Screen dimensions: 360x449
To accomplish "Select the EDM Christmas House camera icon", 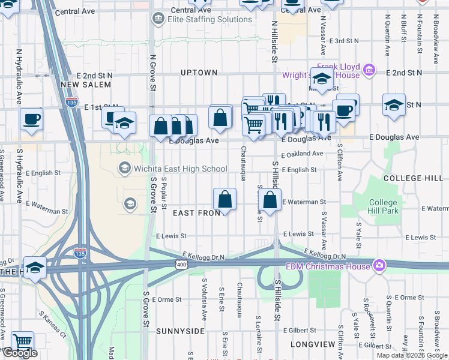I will pyautogui.click(x=379, y=265).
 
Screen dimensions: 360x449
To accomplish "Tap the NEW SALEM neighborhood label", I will pyautogui.click(x=86, y=85).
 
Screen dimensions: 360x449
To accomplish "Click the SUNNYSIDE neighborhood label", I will pyautogui.click(x=181, y=331).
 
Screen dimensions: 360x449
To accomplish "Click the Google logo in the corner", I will pyautogui.click(x=20, y=353).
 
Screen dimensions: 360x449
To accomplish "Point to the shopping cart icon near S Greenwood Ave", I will pyautogui.click(x=22, y=342).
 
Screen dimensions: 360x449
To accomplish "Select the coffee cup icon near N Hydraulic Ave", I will pyautogui.click(x=31, y=118).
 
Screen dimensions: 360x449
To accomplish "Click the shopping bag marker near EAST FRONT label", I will pyautogui.click(x=224, y=199).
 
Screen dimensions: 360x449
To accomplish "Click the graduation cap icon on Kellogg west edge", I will pyautogui.click(x=35, y=267).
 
